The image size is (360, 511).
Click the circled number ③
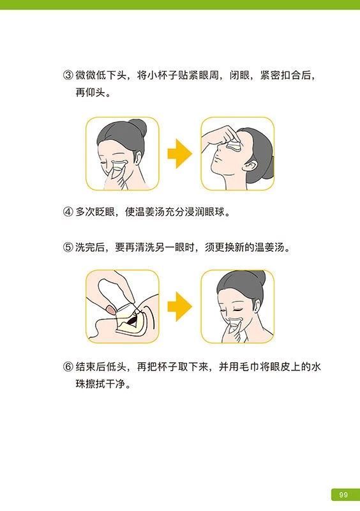68,76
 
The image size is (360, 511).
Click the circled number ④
68,212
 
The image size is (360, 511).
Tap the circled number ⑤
68,247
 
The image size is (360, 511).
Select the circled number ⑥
68,367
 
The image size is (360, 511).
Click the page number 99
343,494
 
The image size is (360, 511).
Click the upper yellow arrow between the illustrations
179,153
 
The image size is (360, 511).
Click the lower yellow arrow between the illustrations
179,307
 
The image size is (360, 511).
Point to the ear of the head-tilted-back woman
251,167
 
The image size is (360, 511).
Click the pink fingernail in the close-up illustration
112,310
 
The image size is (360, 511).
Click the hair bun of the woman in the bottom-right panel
258,278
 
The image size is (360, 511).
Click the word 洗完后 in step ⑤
91,247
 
